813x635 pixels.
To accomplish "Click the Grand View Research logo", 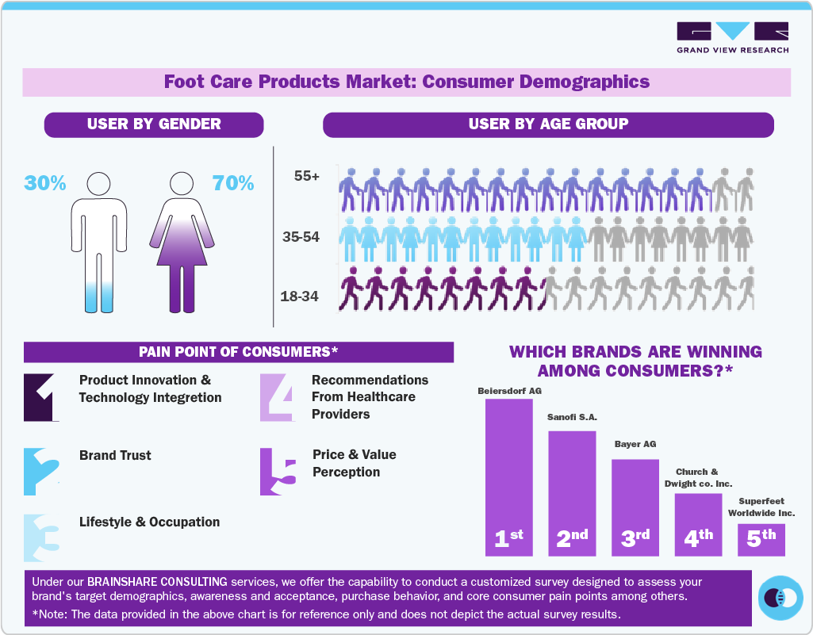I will click(x=732, y=37).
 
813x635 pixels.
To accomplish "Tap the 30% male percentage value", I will click(x=45, y=183).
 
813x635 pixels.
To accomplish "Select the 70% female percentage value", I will click(x=233, y=183).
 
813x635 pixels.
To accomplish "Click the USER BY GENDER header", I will click(x=154, y=124).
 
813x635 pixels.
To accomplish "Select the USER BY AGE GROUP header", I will click(x=548, y=124).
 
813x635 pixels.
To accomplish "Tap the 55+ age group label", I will click(x=306, y=177).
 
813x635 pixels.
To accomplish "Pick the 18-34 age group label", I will click(x=300, y=296).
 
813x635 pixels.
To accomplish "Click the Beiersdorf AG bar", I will click(x=508, y=476).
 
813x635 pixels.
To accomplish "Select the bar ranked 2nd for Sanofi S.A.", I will click(x=572, y=492).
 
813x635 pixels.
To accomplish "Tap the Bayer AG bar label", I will click(x=635, y=444).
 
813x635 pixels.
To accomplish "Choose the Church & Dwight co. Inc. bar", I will click(x=698, y=524).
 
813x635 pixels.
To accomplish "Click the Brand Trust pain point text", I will click(x=115, y=455).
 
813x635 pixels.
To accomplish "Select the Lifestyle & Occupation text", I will click(x=149, y=522).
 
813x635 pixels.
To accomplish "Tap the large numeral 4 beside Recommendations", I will click(x=278, y=396).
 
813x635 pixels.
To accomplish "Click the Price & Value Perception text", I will click(x=354, y=463).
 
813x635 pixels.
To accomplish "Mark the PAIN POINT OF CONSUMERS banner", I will click(x=238, y=352).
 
